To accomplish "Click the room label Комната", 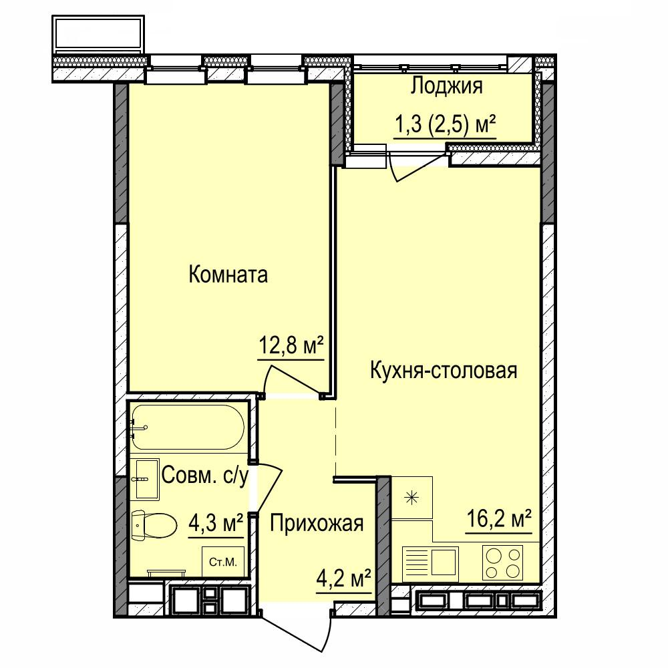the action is coord(228,275).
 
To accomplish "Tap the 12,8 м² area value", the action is coord(291,346).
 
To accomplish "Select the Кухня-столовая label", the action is coord(444,370).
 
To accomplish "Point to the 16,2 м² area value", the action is coord(499,518).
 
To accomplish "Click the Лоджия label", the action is coord(446,86).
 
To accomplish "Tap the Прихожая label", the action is coord(317,523).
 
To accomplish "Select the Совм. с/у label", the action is coord(204,476).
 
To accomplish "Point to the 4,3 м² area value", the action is coord(216,522).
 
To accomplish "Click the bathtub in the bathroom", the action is coord(188,427).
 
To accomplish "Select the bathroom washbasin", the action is coord(144,479).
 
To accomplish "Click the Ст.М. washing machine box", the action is coord(223,562).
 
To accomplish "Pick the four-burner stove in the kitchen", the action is coord(503,562).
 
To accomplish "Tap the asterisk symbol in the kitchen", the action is coord(411,498).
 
